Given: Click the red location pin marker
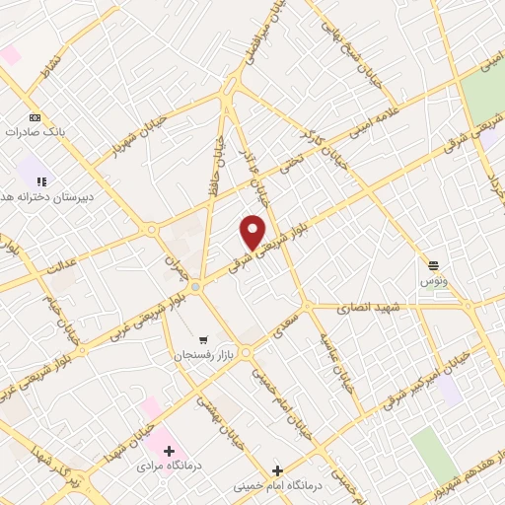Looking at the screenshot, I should (252, 232).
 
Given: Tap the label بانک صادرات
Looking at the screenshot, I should (35, 131).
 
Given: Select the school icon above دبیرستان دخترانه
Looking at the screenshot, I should (41, 181).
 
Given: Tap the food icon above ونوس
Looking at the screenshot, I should (433, 264).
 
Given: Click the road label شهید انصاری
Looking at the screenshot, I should (365, 307).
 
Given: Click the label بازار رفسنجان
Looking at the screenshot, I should (203, 353).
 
